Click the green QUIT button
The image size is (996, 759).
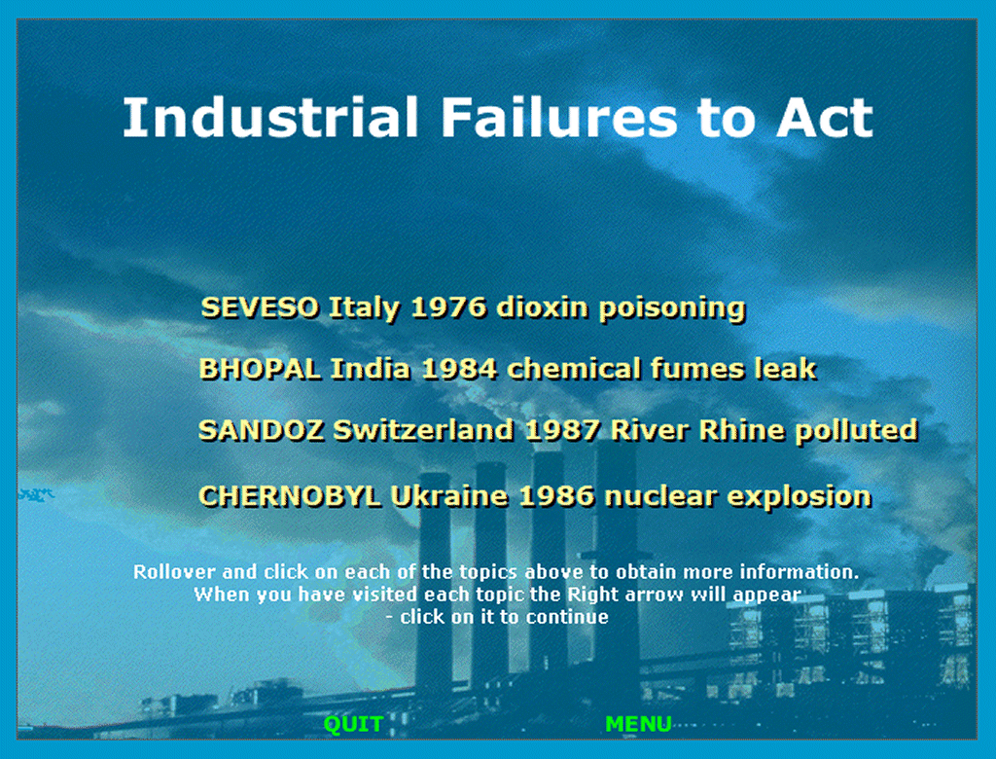coord(353,724)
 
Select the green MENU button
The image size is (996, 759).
coord(638,724)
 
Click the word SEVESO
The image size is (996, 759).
coord(260,308)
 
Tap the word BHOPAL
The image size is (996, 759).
coord(260,370)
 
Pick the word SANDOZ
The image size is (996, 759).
coord(261,431)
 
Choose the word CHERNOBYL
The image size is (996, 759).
coord(290,496)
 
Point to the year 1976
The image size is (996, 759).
coord(448,308)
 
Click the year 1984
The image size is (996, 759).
coord(459,370)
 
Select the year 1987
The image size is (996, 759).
coord(562,431)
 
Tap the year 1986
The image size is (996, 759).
coord(556,496)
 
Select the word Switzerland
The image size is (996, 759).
coord(424,431)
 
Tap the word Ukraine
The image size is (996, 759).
coord(449,496)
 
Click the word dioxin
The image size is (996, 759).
coord(543,308)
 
